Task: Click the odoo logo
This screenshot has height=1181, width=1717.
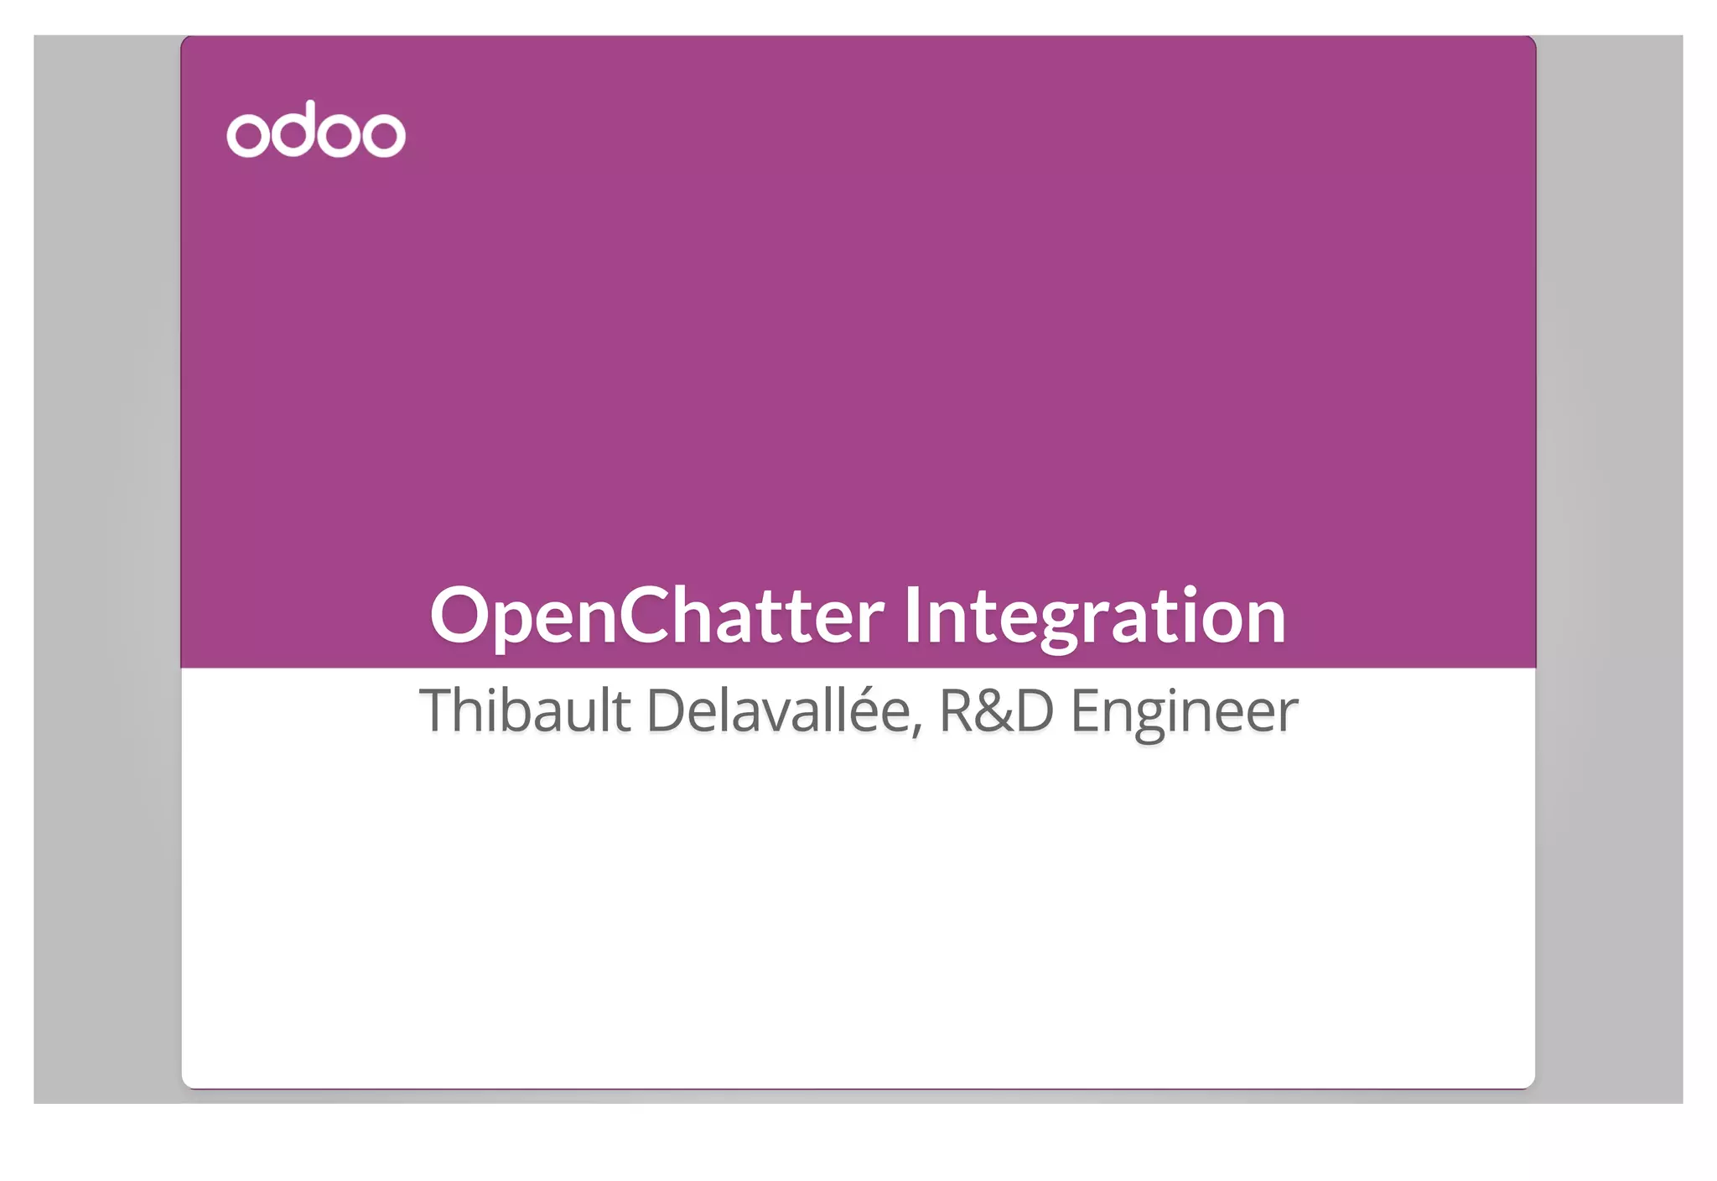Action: pyautogui.click(x=316, y=130)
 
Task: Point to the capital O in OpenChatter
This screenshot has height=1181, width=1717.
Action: pyautogui.click(x=459, y=615)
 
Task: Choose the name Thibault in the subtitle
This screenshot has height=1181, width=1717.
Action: pyautogui.click(x=524, y=710)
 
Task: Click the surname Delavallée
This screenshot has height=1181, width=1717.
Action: pyautogui.click(x=777, y=710)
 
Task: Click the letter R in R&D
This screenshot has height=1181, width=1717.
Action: pyautogui.click(x=957, y=711)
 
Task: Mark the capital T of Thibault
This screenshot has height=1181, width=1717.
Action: pyautogui.click(x=437, y=710)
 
